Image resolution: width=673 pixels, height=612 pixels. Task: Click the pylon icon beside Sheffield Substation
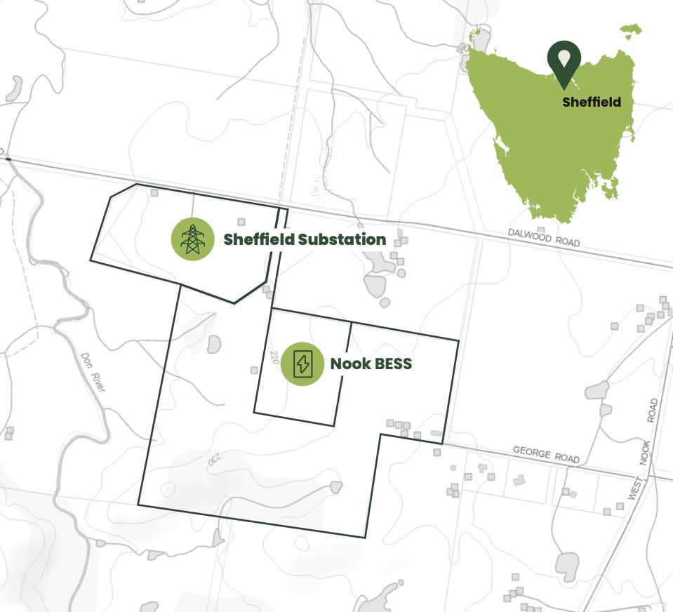click(x=192, y=239)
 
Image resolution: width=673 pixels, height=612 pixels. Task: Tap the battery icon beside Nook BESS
click(x=302, y=364)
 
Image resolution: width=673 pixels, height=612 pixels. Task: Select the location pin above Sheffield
click(x=564, y=63)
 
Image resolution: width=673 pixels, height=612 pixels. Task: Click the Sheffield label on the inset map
click(x=592, y=102)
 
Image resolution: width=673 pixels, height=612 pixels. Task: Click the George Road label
click(x=546, y=455)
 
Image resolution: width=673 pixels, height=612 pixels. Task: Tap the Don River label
click(x=92, y=371)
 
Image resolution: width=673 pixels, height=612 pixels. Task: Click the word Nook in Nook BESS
click(x=349, y=364)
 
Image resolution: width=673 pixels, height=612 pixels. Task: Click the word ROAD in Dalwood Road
click(x=567, y=241)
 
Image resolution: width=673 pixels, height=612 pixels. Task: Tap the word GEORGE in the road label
click(x=532, y=453)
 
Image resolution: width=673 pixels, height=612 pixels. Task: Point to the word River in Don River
click(x=97, y=381)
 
